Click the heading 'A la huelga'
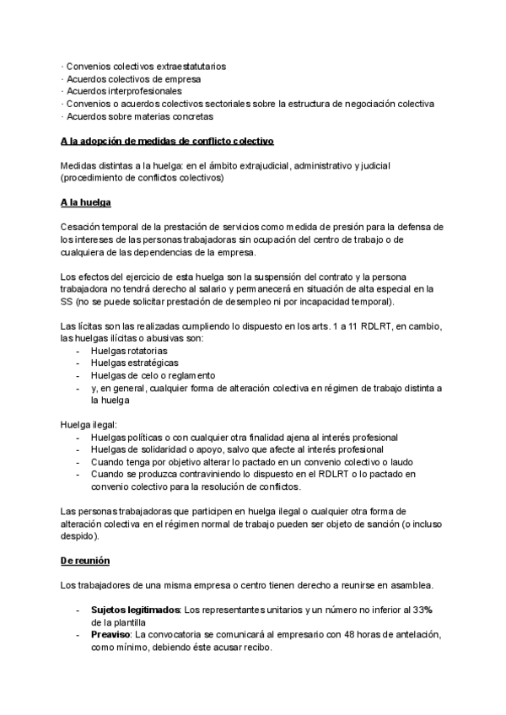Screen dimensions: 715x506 coord(86,203)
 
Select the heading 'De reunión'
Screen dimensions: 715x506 coord(85,560)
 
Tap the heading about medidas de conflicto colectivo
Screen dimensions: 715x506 coord(167,140)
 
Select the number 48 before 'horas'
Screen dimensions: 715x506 coord(310,634)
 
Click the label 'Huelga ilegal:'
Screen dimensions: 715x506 coord(89,424)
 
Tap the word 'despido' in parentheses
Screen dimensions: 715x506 coord(80,535)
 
